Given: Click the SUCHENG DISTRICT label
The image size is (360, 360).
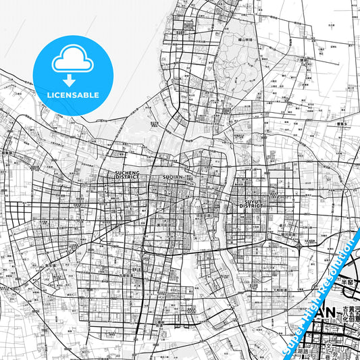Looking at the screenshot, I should pyautogui.click(x=126, y=176).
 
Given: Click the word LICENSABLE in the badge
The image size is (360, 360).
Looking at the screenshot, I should pyautogui.click(x=72, y=95).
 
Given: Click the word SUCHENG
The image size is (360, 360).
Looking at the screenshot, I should pyautogui.click(x=126, y=173).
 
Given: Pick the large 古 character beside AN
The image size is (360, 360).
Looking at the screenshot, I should pyautogui.click(x=346, y=309).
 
